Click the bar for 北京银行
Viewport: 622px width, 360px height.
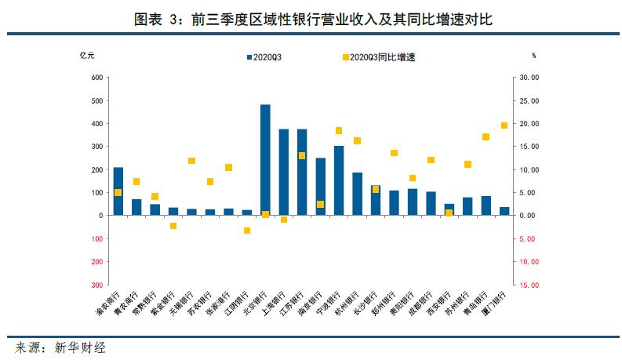coord(265,160)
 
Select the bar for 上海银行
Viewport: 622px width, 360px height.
coord(284,173)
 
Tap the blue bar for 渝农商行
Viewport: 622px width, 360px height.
coord(118,191)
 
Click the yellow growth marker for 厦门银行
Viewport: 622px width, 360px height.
coord(504,125)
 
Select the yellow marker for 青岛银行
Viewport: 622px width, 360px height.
coord(486,136)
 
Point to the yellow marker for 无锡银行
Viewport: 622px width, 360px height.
coord(191,161)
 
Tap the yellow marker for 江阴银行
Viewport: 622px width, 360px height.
coord(246,231)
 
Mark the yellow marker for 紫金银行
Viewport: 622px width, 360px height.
coord(173,226)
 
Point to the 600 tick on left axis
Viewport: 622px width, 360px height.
coord(97,78)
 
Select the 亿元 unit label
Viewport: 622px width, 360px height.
coord(88,56)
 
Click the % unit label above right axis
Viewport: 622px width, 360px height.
coord(533,56)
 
